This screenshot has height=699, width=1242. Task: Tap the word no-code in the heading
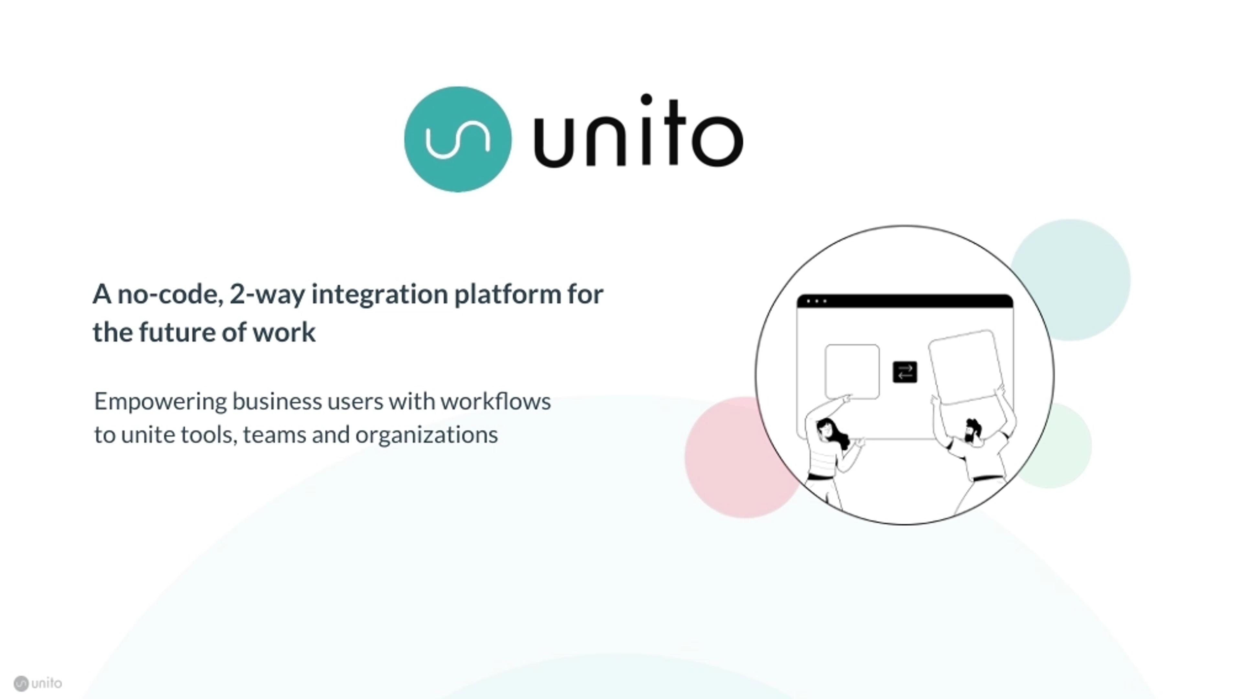click(x=170, y=294)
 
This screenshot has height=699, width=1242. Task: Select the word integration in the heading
click(x=379, y=294)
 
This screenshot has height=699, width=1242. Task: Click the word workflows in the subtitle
click(x=495, y=401)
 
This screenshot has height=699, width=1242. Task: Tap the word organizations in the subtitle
click(x=426, y=435)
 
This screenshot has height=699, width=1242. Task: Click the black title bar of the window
click(x=905, y=301)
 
